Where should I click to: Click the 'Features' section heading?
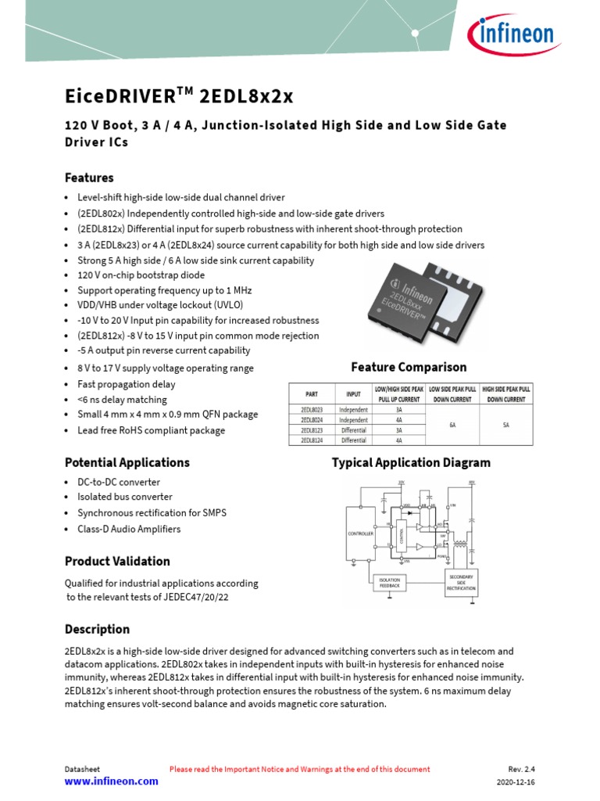[x=89, y=178]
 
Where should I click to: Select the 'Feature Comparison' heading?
[x=409, y=367]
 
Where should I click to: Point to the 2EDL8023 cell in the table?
[x=312, y=409]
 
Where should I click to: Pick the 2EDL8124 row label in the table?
[x=312, y=440]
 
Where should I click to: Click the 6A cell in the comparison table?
[x=452, y=425]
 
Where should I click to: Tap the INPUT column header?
[x=353, y=393]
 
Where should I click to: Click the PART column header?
[x=312, y=393]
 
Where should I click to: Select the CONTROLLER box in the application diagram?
[x=360, y=533]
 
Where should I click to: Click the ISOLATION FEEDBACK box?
[x=389, y=582]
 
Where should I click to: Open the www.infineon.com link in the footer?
[x=111, y=781]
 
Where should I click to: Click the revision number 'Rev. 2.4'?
[x=522, y=770]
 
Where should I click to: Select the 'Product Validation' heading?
[x=117, y=561]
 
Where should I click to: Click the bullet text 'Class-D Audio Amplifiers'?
[x=129, y=529]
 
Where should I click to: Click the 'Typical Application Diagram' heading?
[x=411, y=462]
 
